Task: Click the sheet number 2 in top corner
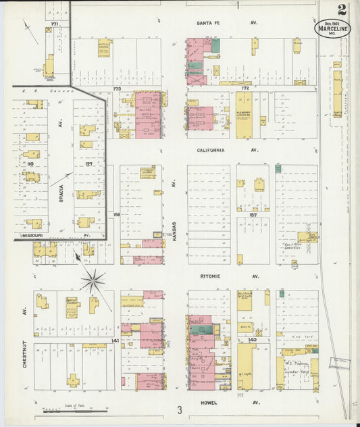point(343,9)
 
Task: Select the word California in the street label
point(211,150)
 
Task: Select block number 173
point(116,89)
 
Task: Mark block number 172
point(245,89)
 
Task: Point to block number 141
point(115,341)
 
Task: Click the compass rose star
point(93,281)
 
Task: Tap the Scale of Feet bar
point(76,411)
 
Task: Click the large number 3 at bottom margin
point(180,410)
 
